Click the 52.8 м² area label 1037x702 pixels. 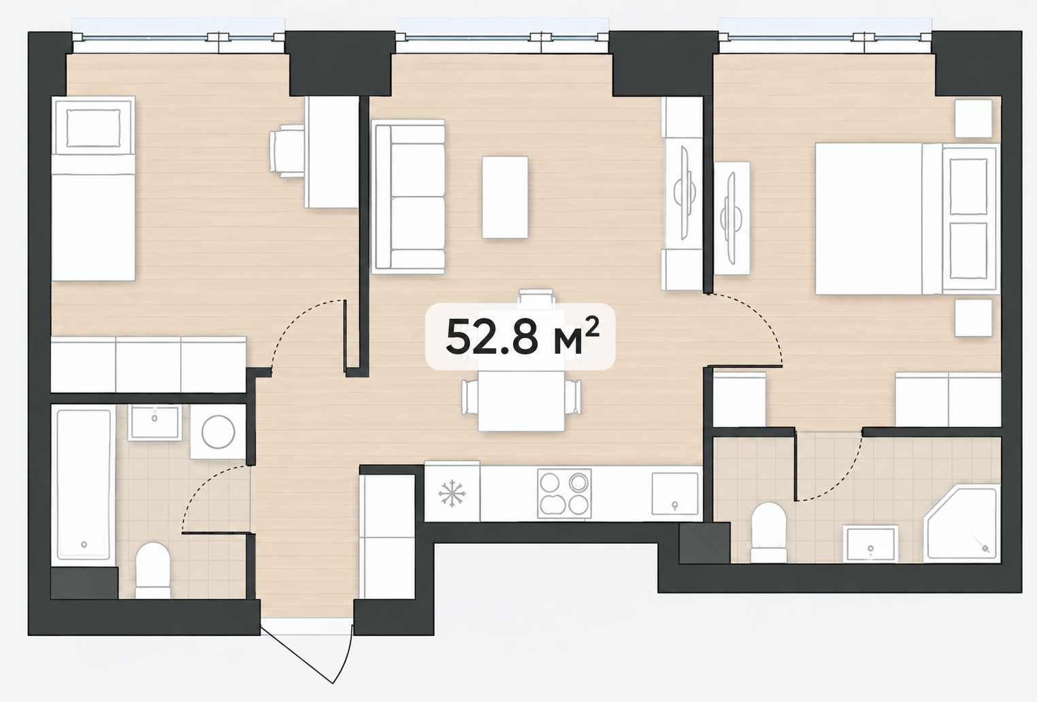[x=522, y=337]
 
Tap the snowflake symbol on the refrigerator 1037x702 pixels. [x=452, y=493]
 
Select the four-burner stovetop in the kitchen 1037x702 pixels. [x=564, y=493]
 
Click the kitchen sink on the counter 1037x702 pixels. [x=675, y=493]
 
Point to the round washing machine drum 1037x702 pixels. [x=218, y=432]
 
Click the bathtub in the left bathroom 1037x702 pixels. [x=84, y=484]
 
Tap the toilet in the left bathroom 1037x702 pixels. [x=153, y=570]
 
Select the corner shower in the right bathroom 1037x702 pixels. [x=962, y=523]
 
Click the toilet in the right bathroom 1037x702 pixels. [x=768, y=532]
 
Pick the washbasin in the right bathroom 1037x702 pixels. [x=870, y=544]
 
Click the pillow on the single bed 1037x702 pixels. [x=93, y=128]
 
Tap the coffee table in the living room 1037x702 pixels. [x=505, y=197]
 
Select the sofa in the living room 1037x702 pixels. [x=408, y=197]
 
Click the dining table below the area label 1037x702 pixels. [x=521, y=401]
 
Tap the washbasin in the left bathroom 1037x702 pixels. [x=154, y=422]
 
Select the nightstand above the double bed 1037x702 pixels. [x=974, y=118]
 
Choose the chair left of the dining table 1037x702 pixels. [x=470, y=397]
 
